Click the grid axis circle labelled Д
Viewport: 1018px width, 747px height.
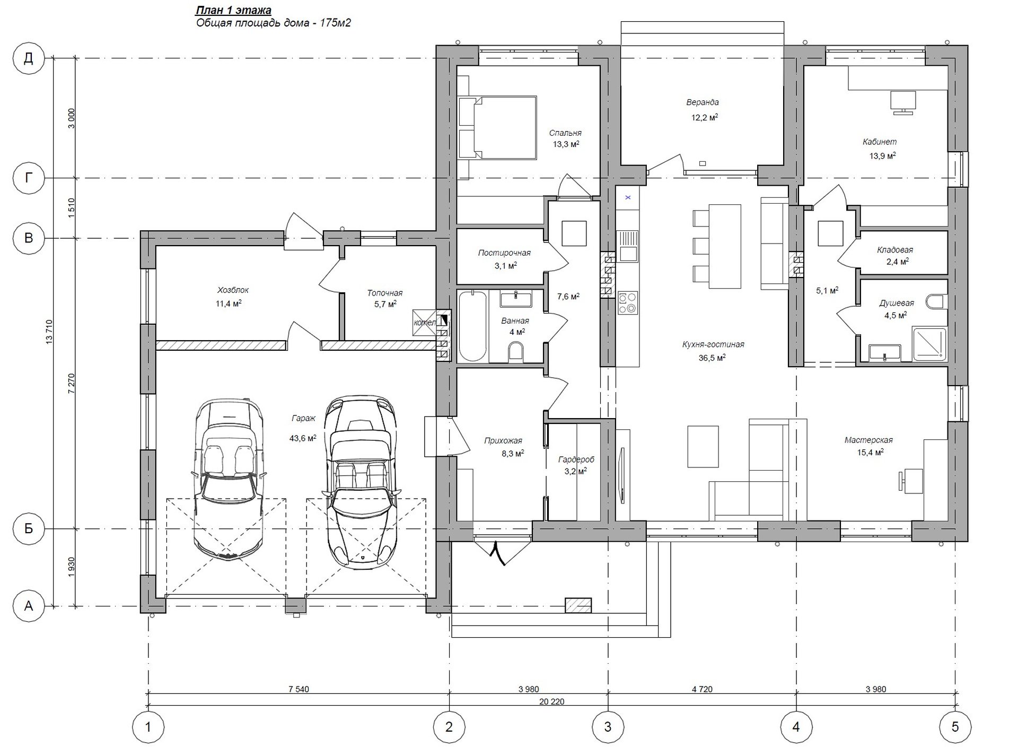click(x=29, y=58)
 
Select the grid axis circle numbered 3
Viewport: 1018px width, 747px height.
click(x=608, y=726)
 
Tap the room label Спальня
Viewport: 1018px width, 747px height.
click(x=565, y=133)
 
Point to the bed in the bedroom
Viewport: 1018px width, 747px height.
click(x=497, y=127)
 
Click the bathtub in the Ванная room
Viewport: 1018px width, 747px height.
click(x=472, y=326)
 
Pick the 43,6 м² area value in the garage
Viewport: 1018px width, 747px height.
click(x=303, y=438)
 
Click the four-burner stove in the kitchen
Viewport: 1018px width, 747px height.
click(x=627, y=302)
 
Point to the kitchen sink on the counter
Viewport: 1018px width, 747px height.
click(x=628, y=246)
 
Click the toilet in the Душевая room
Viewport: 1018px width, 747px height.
click(x=938, y=302)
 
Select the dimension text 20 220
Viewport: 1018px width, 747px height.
click(x=551, y=701)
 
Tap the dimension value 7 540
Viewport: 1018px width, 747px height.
click(x=299, y=690)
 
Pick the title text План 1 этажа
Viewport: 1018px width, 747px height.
click(x=234, y=10)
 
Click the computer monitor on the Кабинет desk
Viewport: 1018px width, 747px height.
click(x=902, y=102)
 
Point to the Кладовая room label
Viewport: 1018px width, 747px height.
click(x=895, y=250)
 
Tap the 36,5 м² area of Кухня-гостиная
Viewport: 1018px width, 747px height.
click(x=712, y=358)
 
